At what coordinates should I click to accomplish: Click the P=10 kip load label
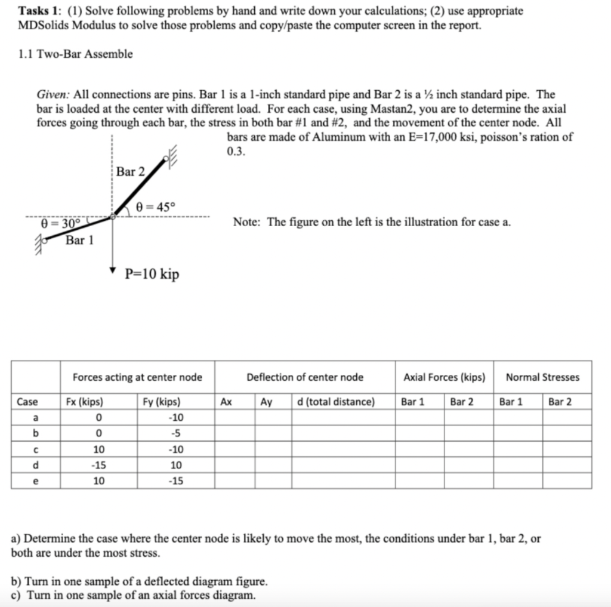(152, 274)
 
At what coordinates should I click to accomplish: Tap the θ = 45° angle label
(156, 207)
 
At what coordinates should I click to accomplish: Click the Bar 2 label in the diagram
(131, 172)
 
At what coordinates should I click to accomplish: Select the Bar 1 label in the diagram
(79, 241)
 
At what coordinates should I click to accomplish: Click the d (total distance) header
(336, 402)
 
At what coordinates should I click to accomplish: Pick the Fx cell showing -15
(98, 465)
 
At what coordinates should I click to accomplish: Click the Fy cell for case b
(177, 434)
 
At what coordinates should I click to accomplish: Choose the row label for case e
(36, 480)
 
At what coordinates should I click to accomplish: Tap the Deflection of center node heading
(305, 377)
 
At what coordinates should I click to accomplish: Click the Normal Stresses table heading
(542, 377)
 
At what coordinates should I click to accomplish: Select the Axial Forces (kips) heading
(444, 377)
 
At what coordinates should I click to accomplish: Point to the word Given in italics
(54, 95)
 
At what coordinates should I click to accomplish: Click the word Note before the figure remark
(246, 223)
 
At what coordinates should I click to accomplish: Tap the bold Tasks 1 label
(38, 11)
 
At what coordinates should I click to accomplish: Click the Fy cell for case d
(177, 465)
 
